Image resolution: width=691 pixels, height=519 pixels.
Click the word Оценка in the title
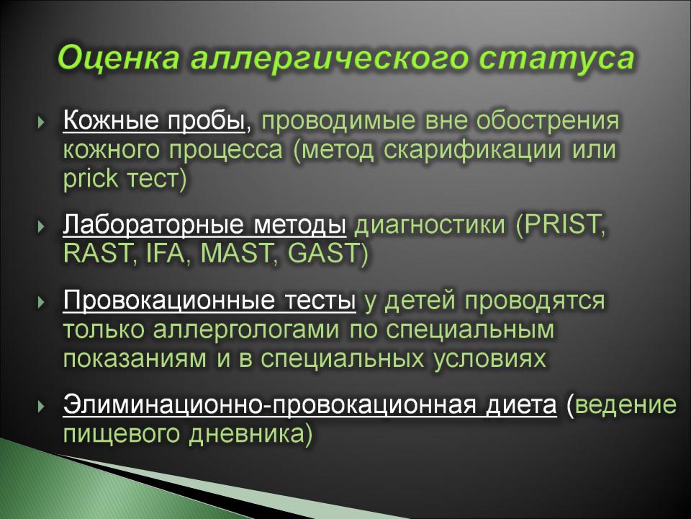[117, 58]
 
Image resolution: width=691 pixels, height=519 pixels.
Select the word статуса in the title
[556, 58]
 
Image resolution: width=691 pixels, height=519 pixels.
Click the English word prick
[91, 179]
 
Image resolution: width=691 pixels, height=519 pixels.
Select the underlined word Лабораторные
[153, 224]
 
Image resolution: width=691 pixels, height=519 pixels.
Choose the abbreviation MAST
[237, 253]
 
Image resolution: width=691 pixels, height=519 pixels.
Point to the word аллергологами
[246, 329]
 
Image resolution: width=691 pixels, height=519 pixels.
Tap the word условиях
[489, 359]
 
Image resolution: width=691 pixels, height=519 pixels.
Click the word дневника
[247, 434]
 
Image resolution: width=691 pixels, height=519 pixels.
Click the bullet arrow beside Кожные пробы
[42, 122]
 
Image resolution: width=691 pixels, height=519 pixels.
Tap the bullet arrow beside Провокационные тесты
[42, 302]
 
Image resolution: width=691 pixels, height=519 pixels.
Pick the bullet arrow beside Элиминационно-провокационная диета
[42, 406]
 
